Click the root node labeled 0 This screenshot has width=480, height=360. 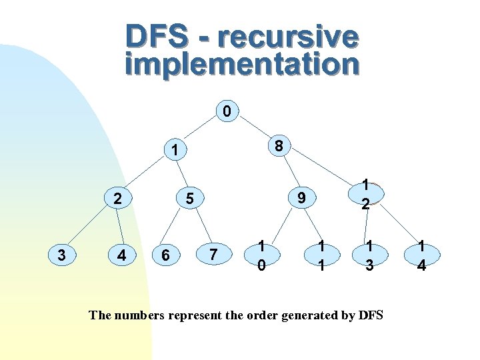pos(227,111)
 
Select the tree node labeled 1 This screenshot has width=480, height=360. pos(173,151)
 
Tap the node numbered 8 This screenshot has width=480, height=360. pos(280,145)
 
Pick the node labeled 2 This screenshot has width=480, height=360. pos(117,198)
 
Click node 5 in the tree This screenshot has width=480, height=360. pos(190,198)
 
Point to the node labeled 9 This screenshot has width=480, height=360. pos(302,197)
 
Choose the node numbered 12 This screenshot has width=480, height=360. pos(365,193)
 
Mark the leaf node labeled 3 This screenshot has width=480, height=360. pos(62,255)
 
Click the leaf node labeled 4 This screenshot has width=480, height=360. pos(121,255)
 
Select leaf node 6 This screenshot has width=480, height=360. pos(165,255)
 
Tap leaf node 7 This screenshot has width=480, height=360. pos(213,254)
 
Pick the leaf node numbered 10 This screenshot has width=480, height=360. pos(262,255)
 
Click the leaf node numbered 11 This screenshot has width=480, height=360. pos(321,255)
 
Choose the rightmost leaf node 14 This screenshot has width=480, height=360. pos(421,255)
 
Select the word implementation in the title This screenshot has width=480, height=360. pos(242,64)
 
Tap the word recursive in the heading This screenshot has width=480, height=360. pos(287,37)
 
